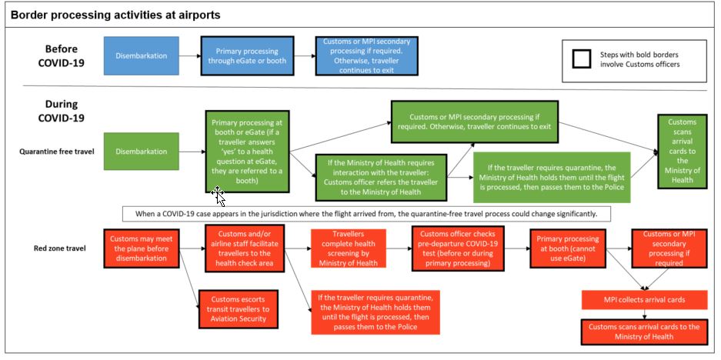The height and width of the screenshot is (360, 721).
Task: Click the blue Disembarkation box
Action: [141, 56]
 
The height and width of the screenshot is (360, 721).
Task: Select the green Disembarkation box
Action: [141, 152]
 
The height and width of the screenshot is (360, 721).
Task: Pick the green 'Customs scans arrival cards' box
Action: [682, 152]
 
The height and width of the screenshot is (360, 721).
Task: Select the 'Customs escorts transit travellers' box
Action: [239, 308]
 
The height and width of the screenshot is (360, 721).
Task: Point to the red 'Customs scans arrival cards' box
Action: [643, 332]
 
